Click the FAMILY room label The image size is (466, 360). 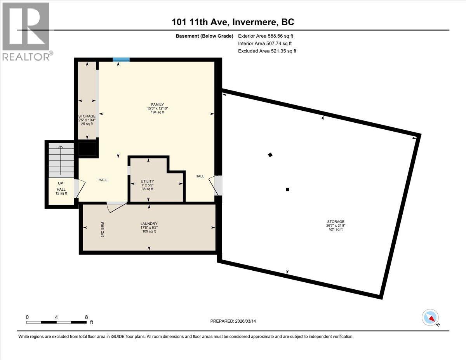155,108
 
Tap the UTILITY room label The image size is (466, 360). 147,185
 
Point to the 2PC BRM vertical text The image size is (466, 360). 103,230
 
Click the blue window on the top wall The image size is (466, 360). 121,59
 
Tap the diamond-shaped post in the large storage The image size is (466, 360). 270,155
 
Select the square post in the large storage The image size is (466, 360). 287,190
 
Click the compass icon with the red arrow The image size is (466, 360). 430,317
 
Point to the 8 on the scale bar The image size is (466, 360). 86,317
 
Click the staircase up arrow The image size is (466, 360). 61,159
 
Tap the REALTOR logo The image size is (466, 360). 26,31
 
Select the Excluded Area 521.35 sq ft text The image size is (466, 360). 267,51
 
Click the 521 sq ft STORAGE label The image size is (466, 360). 335,226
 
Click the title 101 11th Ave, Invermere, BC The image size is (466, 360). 233,22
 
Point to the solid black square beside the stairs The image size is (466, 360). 87,149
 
